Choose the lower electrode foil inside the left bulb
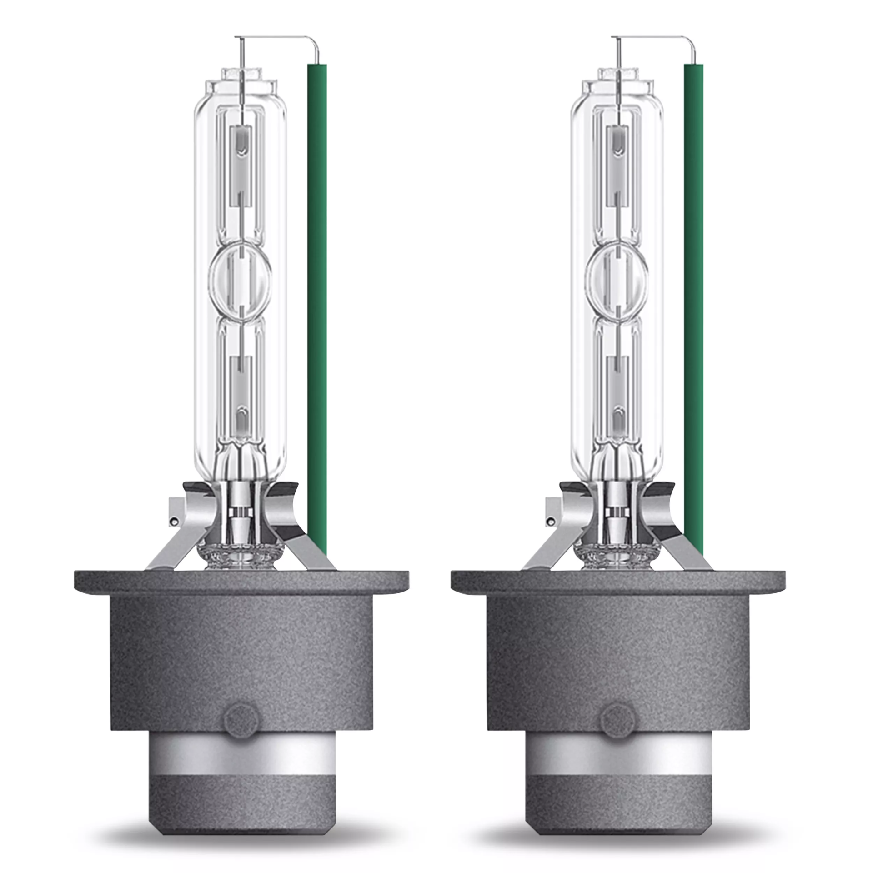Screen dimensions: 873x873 pyautogui.click(x=241, y=391)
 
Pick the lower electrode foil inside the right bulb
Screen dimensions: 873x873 pyautogui.click(x=617, y=391)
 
